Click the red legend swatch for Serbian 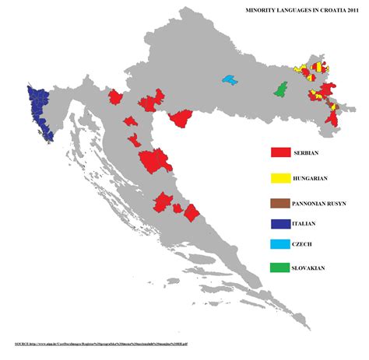coord(280,153)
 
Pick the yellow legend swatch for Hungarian coord(280,178)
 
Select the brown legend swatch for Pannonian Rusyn coord(280,203)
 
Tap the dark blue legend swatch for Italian coord(280,224)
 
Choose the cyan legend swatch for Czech coord(280,245)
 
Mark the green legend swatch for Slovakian coord(280,267)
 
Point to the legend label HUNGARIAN coord(315,179)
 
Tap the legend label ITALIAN coord(309,224)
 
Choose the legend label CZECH coord(307,245)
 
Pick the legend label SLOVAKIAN coord(315,268)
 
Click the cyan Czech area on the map coord(229,79)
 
